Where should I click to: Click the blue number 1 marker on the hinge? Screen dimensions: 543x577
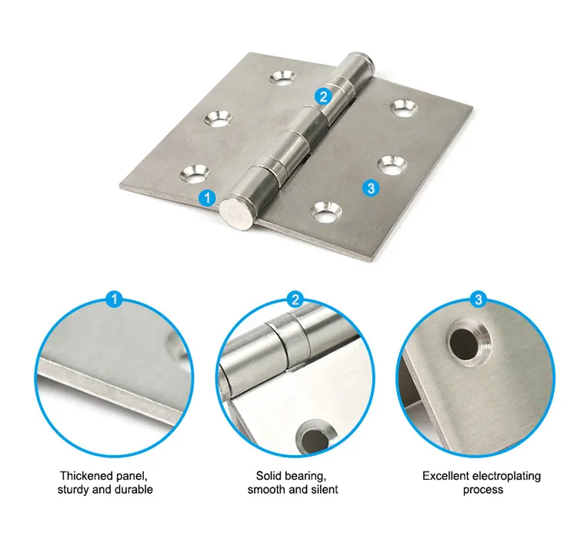pyautogui.click(x=206, y=198)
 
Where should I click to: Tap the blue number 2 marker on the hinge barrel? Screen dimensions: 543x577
pyautogui.click(x=322, y=96)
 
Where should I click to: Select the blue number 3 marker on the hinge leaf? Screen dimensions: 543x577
pyautogui.click(x=371, y=187)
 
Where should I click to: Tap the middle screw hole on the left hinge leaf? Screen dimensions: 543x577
pyautogui.click(x=218, y=119)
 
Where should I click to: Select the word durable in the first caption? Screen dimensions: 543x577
pyautogui.click(x=133, y=489)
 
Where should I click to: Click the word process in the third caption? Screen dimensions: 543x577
pyautogui.click(x=483, y=489)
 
